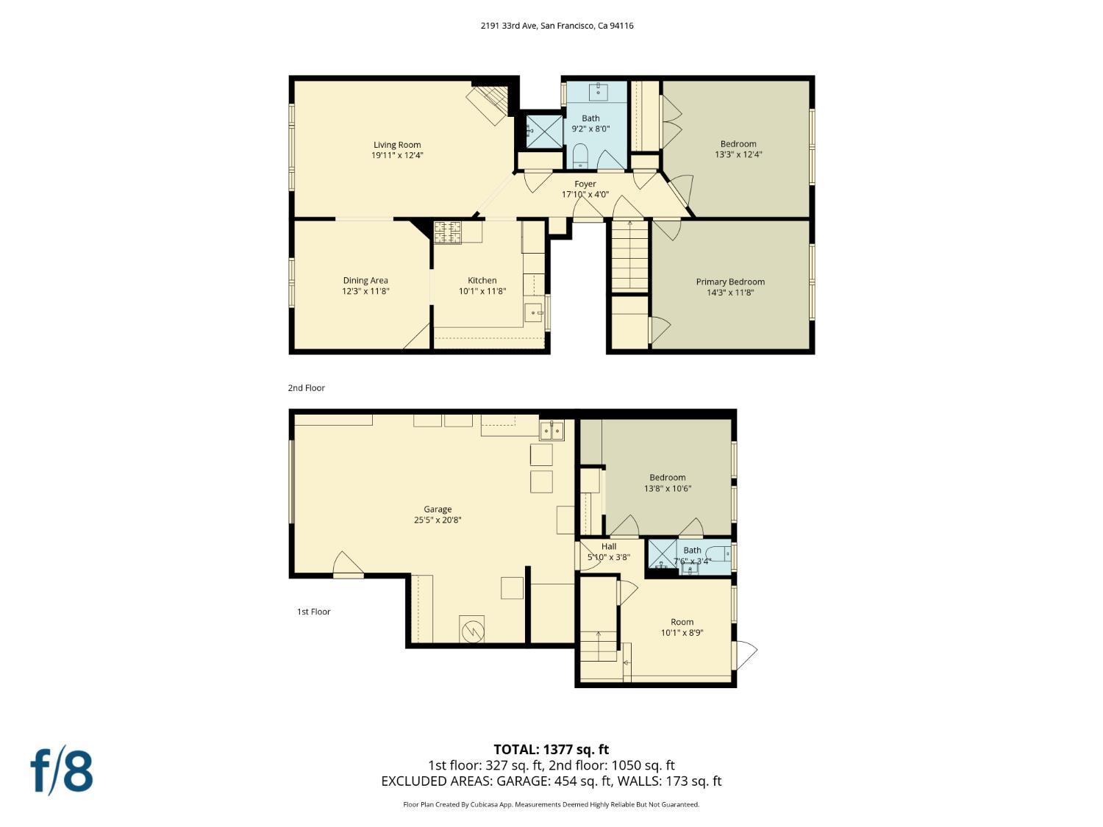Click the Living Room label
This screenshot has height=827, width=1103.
click(x=397, y=145)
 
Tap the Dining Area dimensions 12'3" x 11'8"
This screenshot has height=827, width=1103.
click(x=365, y=291)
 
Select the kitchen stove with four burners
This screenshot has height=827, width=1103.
click(x=447, y=232)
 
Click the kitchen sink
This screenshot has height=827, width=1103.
click(x=533, y=312)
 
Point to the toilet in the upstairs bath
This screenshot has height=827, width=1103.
click(x=580, y=156)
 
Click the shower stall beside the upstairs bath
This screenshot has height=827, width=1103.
click(x=543, y=129)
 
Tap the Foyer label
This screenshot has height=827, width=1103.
click(x=585, y=184)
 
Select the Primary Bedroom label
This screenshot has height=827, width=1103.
click(x=730, y=282)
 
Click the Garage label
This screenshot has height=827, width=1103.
click(x=438, y=509)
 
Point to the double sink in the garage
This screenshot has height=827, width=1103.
click(x=551, y=430)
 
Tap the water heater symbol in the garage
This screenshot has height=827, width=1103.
click(x=471, y=630)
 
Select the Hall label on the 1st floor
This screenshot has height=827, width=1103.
click(x=609, y=546)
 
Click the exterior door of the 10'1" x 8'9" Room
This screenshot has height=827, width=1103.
click(x=744, y=654)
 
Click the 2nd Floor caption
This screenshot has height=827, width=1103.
click(x=306, y=387)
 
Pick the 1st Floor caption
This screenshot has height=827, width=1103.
click(x=313, y=612)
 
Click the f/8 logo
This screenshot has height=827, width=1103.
click(x=62, y=770)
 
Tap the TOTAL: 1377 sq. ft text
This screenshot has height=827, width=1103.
click(x=551, y=749)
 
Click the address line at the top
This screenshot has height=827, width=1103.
click(x=557, y=26)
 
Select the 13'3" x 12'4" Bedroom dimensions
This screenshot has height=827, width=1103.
click(x=738, y=154)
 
